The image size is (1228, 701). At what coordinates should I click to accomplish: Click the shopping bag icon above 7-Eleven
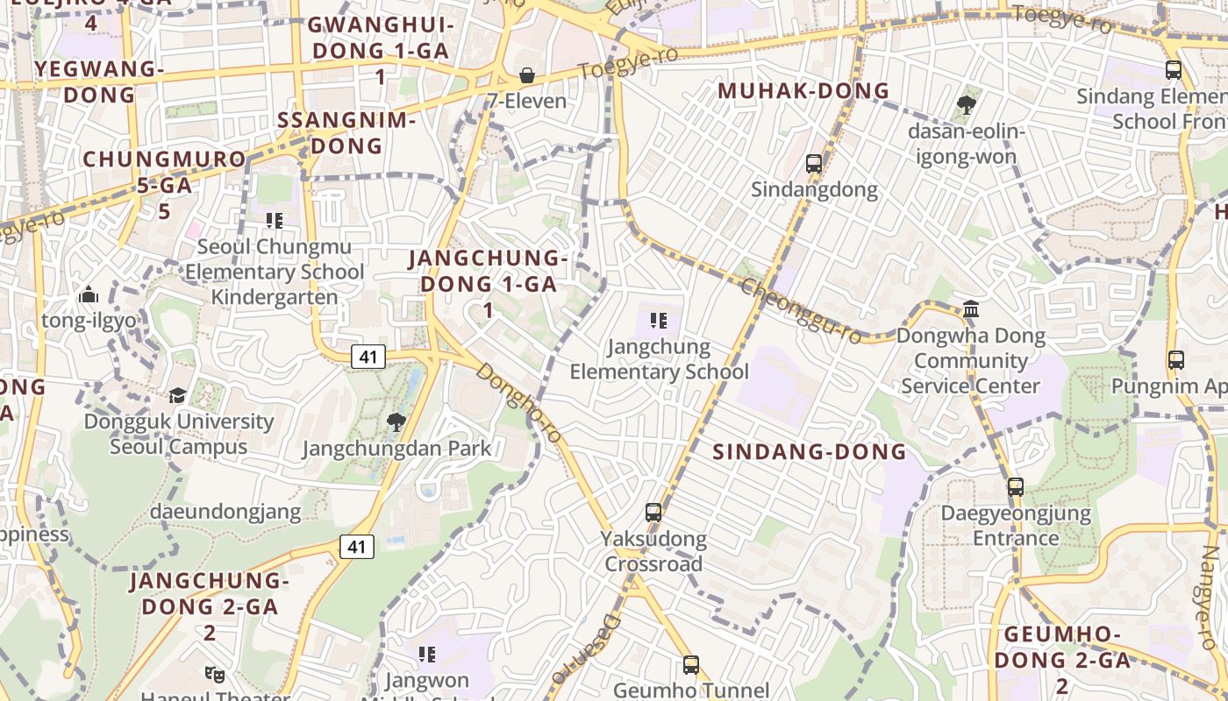click(527, 75)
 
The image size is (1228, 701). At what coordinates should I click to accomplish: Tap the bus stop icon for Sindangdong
click(814, 163)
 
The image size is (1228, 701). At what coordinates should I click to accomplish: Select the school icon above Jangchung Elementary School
click(658, 321)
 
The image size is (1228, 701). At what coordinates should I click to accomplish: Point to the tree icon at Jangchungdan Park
click(396, 422)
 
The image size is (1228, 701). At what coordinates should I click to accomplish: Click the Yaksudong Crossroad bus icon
click(653, 512)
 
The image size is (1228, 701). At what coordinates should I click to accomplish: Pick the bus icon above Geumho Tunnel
click(691, 665)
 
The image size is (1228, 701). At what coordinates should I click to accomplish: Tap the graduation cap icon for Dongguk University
click(178, 395)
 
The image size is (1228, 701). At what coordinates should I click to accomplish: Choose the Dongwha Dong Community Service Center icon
click(971, 309)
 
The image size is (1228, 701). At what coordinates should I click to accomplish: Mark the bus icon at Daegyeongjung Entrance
click(1016, 487)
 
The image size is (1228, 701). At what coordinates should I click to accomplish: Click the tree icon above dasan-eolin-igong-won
click(967, 106)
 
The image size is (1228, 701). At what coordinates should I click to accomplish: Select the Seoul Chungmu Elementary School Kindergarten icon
click(275, 221)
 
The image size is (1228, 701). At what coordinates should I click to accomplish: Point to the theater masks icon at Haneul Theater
click(214, 674)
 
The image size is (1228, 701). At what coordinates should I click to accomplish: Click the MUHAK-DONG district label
click(803, 91)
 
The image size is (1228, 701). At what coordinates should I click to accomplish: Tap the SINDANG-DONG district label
click(809, 452)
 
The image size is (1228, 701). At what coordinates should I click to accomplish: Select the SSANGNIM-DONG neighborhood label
click(346, 133)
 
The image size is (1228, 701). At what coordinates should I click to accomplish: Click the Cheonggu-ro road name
click(800, 311)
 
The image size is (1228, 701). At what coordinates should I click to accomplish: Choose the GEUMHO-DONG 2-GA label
click(1061, 659)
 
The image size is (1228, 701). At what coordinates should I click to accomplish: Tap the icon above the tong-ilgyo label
click(88, 295)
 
